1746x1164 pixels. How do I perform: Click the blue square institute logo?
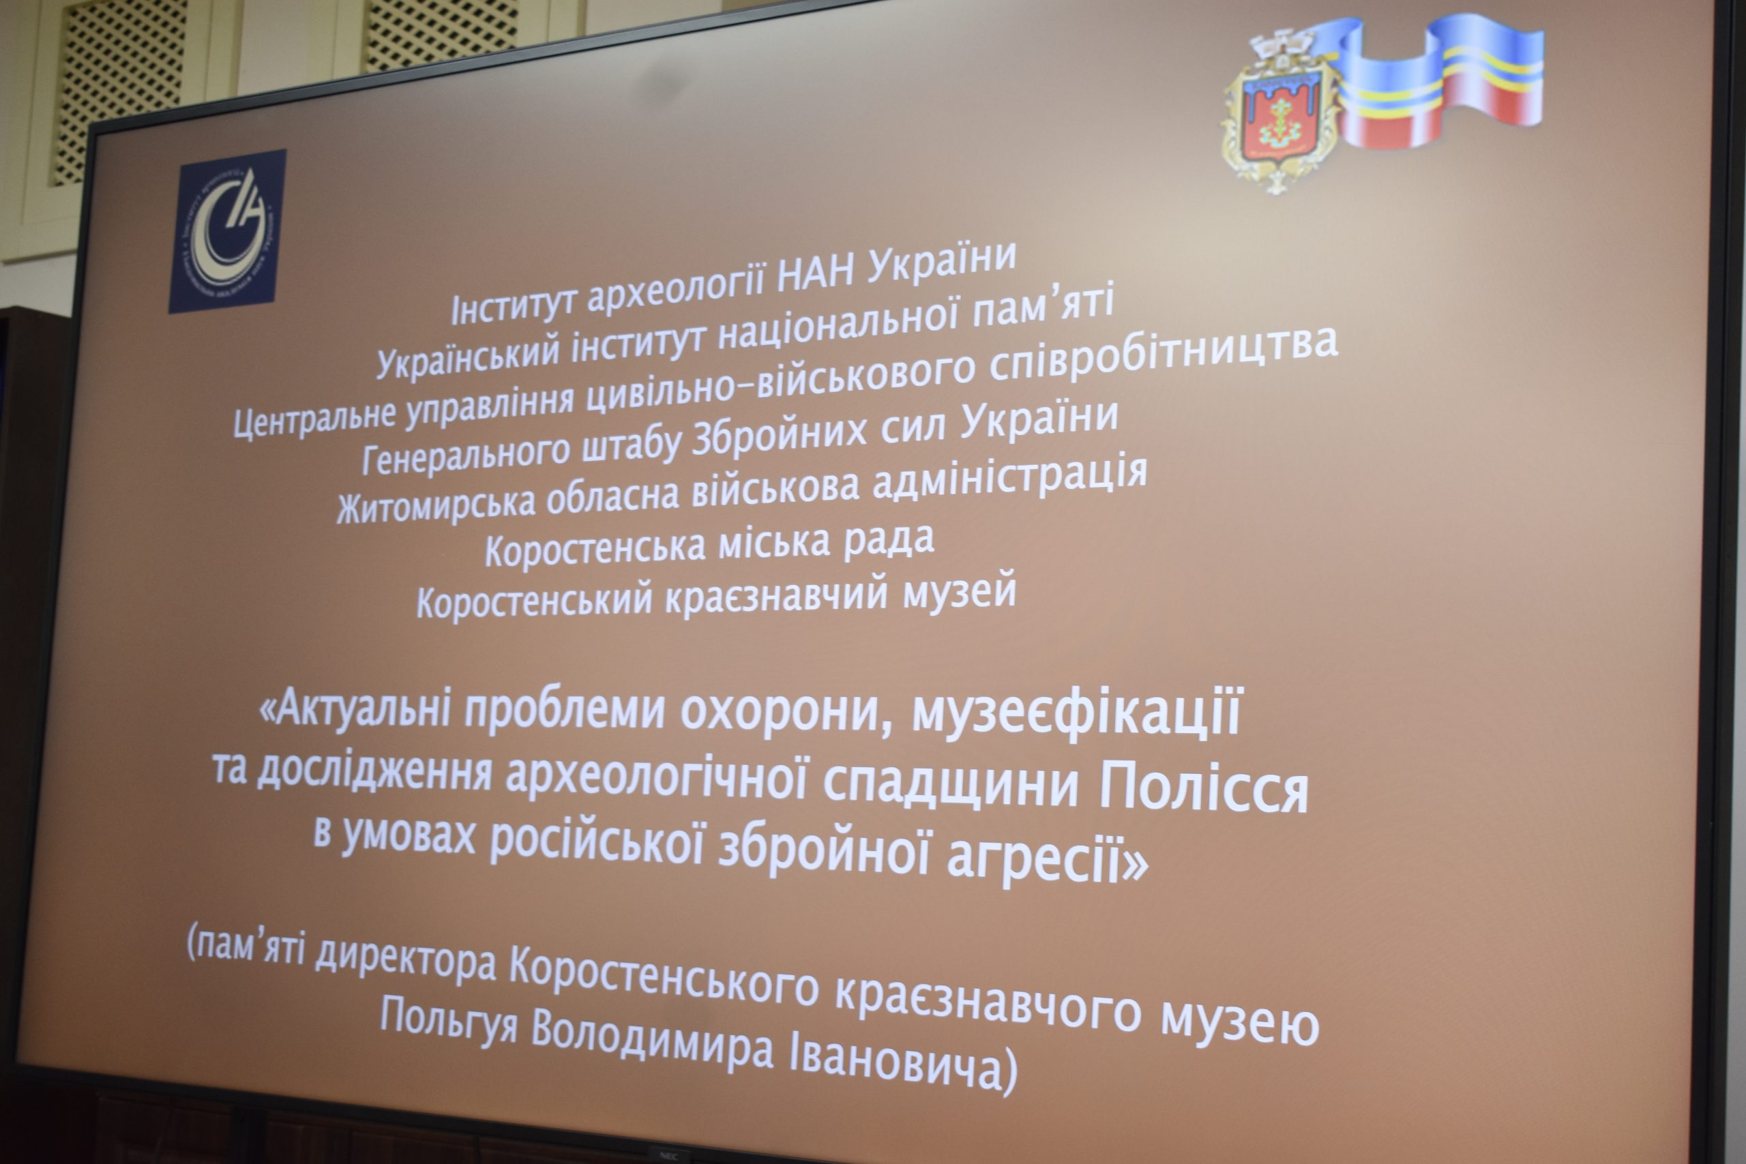pyautogui.click(x=227, y=231)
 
